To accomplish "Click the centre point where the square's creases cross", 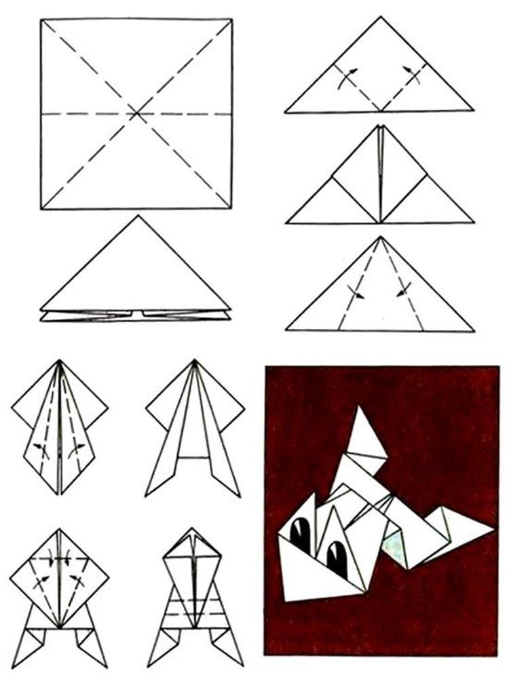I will [x=136, y=114].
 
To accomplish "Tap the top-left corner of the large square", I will [x=41, y=20].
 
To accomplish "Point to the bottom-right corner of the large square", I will [x=232, y=208].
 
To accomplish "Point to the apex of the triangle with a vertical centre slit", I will [x=380, y=126].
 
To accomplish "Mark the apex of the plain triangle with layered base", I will [x=137, y=216].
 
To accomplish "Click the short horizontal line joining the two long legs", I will [x=194, y=457].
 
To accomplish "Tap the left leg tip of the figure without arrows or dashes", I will [x=147, y=494].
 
